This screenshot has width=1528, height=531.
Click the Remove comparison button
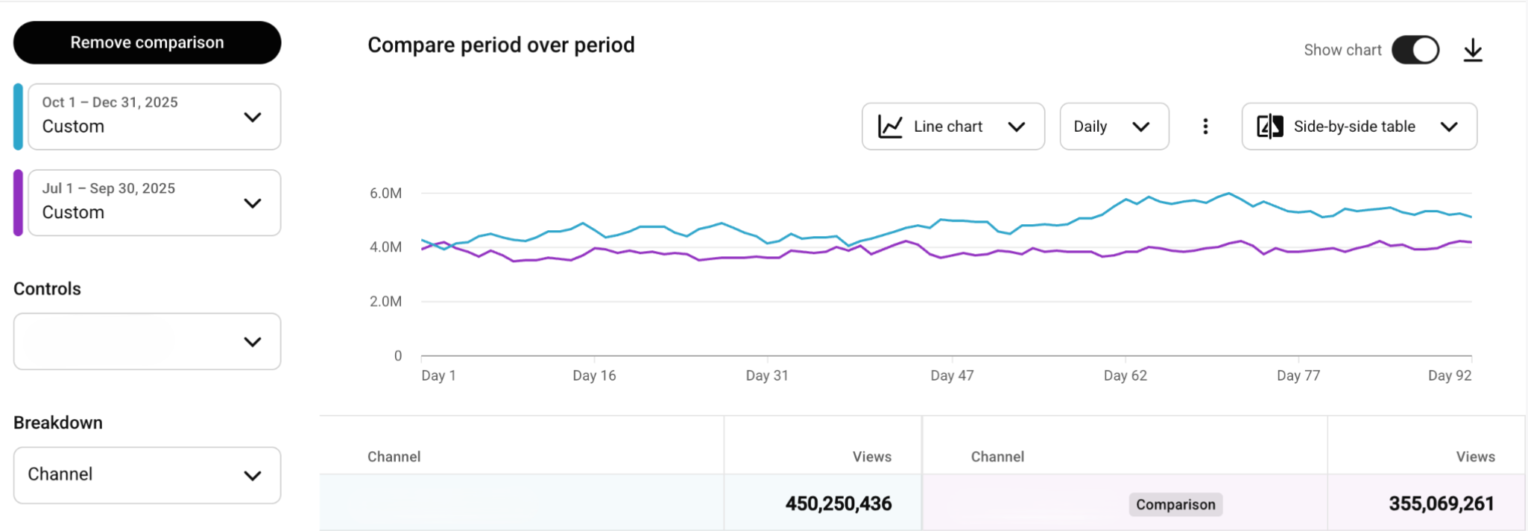[147, 42]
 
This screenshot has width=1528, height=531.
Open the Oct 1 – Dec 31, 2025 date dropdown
[154, 117]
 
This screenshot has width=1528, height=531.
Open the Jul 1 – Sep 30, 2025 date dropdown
[154, 203]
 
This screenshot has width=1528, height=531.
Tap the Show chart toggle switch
[1415, 50]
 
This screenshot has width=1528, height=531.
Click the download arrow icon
[1472, 51]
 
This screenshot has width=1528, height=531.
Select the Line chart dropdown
[953, 127]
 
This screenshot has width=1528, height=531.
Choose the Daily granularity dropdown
[1114, 127]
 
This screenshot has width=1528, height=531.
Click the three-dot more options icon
[1205, 127]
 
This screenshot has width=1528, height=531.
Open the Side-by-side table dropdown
[1359, 127]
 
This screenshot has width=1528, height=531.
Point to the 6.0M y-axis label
[385, 194]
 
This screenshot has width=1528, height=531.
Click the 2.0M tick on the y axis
[385, 302]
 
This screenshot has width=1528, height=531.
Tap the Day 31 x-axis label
[767, 375]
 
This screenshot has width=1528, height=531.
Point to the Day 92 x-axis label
[1449, 375]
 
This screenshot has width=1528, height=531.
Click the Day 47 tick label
[952, 375]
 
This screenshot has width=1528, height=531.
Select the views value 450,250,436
[838, 504]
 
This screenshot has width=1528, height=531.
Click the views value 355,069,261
[1441, 504]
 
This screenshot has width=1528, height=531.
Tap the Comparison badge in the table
[1175, 504]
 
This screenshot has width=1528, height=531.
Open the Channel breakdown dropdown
[147, 475]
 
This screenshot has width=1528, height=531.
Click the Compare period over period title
[501, 45]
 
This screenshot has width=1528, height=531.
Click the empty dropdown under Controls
[147, 342]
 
